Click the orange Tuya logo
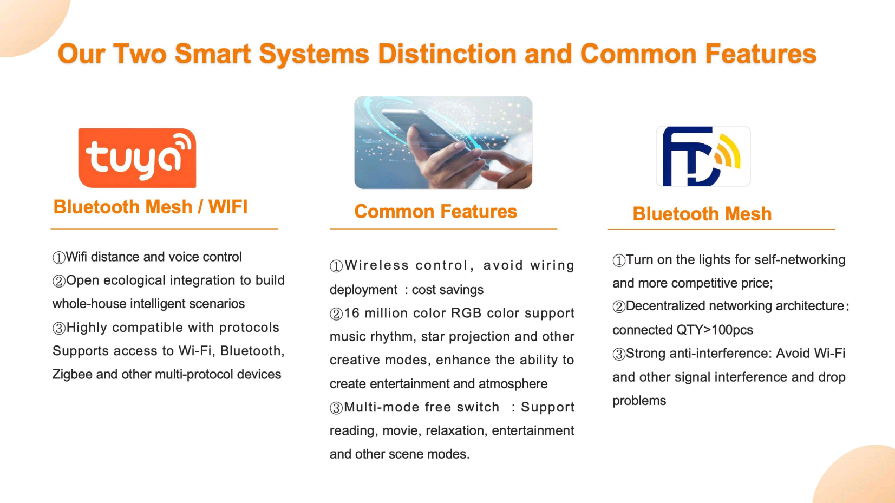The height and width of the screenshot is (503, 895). click(x=137, y=158)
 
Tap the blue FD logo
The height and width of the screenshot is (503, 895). click(x=703, y=156)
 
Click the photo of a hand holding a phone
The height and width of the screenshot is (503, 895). click(x=443, y=142)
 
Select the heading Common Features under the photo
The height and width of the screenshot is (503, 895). click(x=435, y=211)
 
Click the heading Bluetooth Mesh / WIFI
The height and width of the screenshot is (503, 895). click(x=150, y=207)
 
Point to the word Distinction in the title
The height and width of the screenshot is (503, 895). click(x=447, y=54)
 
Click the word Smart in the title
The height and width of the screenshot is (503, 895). click(x=213, y=54)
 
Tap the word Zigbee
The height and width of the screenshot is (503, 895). click(x=73, y=375)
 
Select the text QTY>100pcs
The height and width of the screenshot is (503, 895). click(x=714, y=330)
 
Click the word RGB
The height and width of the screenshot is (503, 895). click(x=466, y=313)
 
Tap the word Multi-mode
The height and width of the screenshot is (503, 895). click(x=382, y=407)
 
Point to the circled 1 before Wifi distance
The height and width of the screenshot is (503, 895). click(x=58, y=258)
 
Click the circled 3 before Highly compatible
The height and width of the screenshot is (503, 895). click(x=58, y=329)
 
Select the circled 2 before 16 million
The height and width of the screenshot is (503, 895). click(x=336, y=314)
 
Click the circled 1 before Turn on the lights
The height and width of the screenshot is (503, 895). click(x=619, y=260)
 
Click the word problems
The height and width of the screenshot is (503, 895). click(x=639, y=401)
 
